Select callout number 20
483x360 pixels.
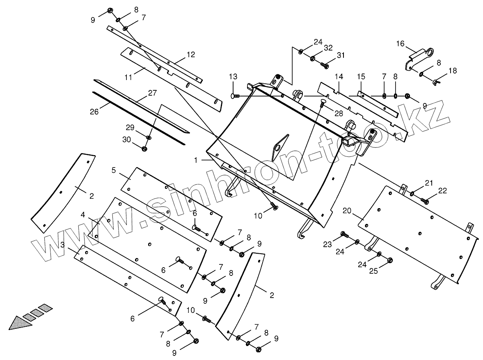pyautogui.click(x=347, y=211)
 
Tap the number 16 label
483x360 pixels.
pyautogui.click(x=400, y=43)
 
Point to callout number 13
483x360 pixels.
pyautogui.click(x=233, y=77)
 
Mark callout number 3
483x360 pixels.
pyautogui.click(x=62, y=245)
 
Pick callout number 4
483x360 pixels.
pyautogui.click(x=83, y=215)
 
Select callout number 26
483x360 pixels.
pyautogui.click(x=94, y=111)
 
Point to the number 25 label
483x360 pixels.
pyautogui.click(x=373, y=271)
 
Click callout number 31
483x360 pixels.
pyautogui.click(x=341, y=55)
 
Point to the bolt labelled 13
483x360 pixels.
pyautogui.click(x=236, y=96)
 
